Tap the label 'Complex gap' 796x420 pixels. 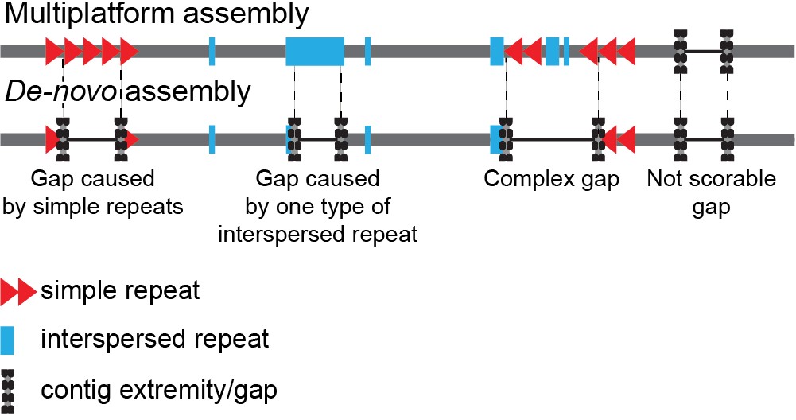(551, 178)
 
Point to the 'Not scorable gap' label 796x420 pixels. (711, 192)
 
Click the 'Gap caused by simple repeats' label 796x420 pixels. (93, 192)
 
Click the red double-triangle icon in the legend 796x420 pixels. (17, 292)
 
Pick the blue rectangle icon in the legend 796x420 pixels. (8, 340)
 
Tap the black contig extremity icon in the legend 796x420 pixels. (8, 390)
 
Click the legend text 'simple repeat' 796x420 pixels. (120, 291)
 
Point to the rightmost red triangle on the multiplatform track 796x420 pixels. (627, 52)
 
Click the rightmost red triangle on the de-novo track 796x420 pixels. (627, 139)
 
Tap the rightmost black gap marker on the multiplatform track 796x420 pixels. (727, 52)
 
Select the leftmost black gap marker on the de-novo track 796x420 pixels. (63, 139)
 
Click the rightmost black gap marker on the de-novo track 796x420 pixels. (727, 139)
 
